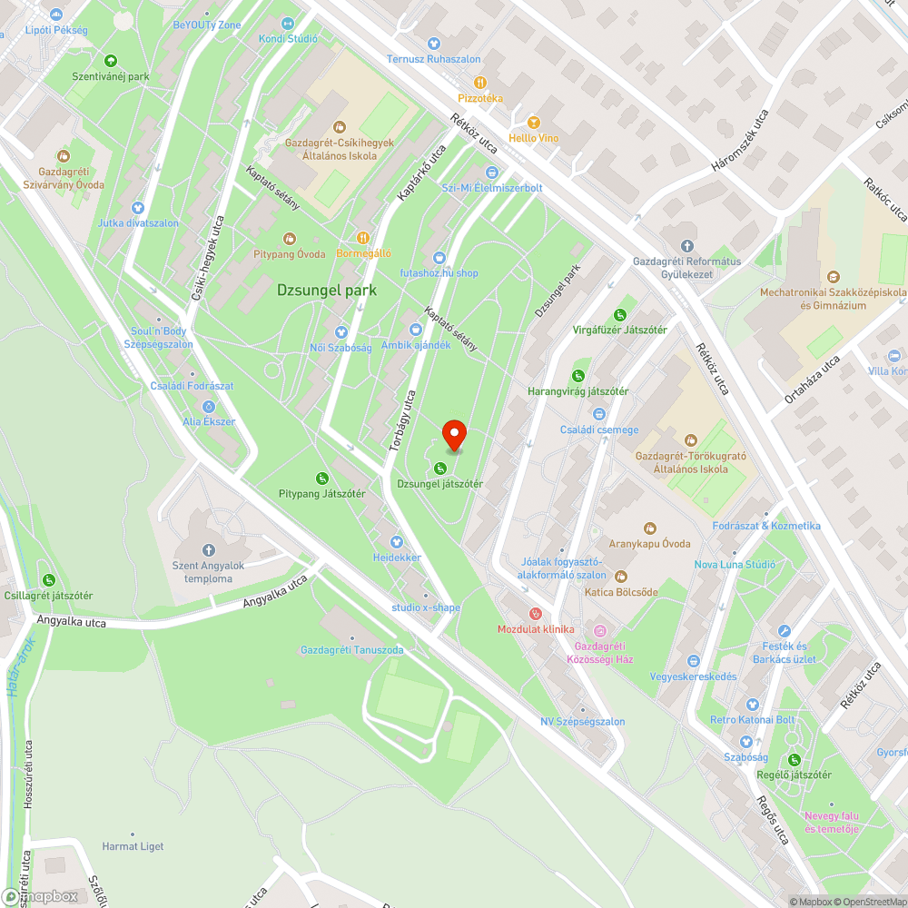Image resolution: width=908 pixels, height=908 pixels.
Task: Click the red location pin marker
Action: click(454, 435)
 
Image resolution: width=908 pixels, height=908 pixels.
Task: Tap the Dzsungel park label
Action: click(327, 291)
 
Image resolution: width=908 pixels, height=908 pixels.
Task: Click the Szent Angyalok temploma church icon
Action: click(208, 550)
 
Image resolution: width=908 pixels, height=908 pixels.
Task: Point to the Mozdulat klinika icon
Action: click(535, 614)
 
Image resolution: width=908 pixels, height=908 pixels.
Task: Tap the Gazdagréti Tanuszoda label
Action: click(351, 650)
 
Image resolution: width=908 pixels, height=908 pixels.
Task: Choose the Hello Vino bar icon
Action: click(534, 122)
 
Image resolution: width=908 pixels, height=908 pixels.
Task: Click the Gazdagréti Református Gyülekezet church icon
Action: click(686, 245)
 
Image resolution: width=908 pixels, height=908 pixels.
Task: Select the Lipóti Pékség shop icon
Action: click(56, 15)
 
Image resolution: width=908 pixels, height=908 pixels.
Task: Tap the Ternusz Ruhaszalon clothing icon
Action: click(433, 43)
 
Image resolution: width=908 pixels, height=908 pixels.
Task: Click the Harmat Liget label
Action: click(133, 846)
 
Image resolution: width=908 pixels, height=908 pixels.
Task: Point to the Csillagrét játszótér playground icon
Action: click(48, 579)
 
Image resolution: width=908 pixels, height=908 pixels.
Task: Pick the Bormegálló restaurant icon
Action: click(363, 237)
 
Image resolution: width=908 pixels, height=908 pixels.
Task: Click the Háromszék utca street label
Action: click(740, 141)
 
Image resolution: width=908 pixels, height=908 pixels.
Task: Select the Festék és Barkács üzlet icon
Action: click(785, 631)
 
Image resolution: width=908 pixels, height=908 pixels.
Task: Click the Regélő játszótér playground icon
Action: click(794, 759)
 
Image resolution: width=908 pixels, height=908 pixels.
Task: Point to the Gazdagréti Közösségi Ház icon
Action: click(599, 630)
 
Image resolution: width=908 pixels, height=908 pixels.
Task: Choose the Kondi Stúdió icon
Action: click(288, 23)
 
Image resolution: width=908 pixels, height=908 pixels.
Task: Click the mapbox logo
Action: click(41, 895)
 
